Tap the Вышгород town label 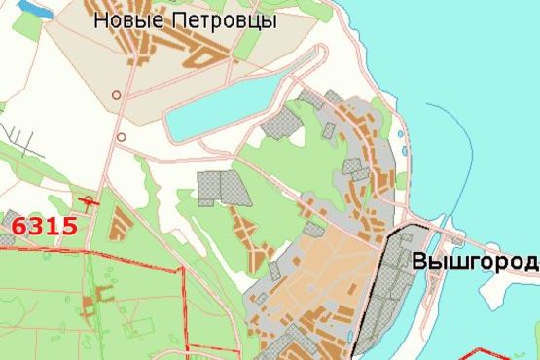475,262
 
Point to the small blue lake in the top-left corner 34,8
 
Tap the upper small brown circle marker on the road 116,95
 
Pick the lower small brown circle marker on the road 121,137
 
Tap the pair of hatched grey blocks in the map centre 222,188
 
